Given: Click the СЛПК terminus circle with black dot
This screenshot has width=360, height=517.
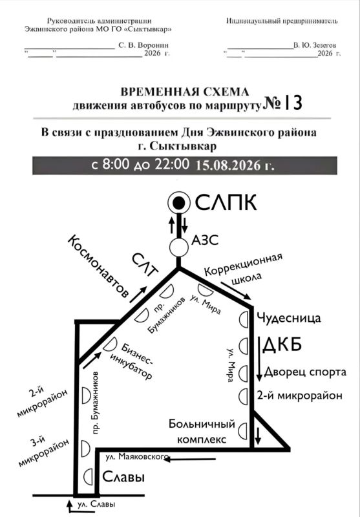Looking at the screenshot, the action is click(x=178, y=203).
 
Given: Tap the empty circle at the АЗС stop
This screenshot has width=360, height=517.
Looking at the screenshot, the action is click(x=179, y=248).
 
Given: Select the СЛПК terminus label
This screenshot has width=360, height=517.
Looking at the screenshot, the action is click(x=226, y=202).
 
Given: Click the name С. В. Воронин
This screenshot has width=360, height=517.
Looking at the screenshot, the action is click(x=143, y=45).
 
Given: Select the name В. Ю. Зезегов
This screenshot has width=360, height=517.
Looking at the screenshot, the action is click(x=315, y=45).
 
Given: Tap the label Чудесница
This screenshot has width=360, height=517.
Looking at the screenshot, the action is click(x=288, y=318).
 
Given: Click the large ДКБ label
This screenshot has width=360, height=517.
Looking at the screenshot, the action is click(x=282, y=345).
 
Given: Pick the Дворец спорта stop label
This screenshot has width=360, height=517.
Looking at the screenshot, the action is click(x=305, y=372).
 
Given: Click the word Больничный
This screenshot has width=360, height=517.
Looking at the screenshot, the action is click(x=202, y=424).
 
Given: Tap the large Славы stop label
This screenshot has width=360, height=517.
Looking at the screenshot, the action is click(x=123, y=477).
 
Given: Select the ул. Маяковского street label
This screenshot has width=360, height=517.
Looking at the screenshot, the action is click(x=137, y=457).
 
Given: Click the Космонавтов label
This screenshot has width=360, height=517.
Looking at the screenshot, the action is click(x=98, y=266).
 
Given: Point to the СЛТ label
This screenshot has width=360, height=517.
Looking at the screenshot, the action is click(x=145, y=265).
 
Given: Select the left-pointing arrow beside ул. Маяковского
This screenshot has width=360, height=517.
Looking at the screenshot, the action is click(x=190, y=459).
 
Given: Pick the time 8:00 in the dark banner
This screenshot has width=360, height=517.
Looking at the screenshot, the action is click(x=116, y=165).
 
